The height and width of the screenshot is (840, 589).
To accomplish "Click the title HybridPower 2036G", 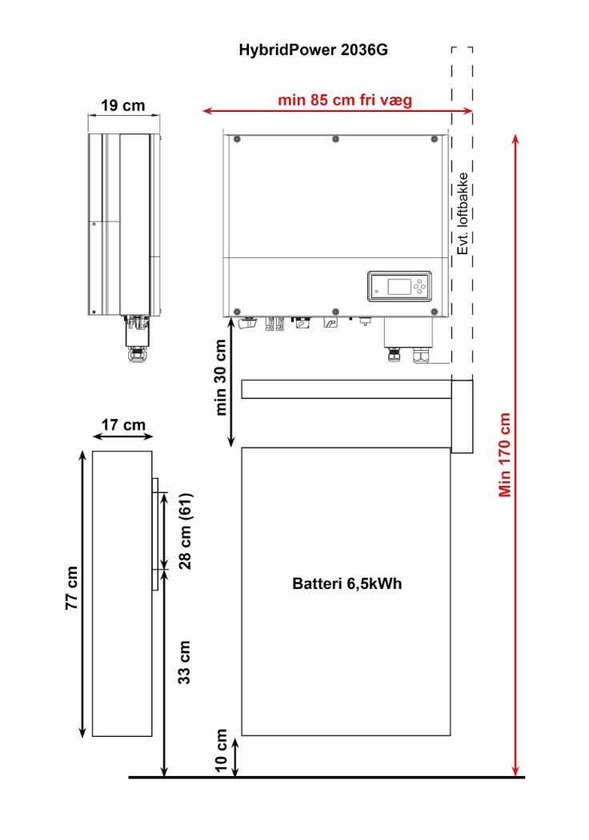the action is [x=313, y=50].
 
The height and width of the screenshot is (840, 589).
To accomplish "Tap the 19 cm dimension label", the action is [x=123, y=105].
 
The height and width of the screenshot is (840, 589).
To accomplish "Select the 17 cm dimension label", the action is [x=123, y=425].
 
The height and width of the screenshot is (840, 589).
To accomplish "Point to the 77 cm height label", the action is [x=72, y=587].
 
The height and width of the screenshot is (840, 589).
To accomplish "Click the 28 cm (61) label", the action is [x=185, y=531].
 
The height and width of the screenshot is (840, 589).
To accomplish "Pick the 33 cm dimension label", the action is [x=184, y=662].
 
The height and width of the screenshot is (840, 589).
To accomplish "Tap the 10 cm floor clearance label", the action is [x=221, y=750].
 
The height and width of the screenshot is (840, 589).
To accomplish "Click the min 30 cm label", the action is [x=220, y=377].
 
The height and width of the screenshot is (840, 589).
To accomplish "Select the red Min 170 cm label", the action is [x=505, y=455].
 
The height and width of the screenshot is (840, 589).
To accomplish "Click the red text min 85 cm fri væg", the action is [x=345, y=100].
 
